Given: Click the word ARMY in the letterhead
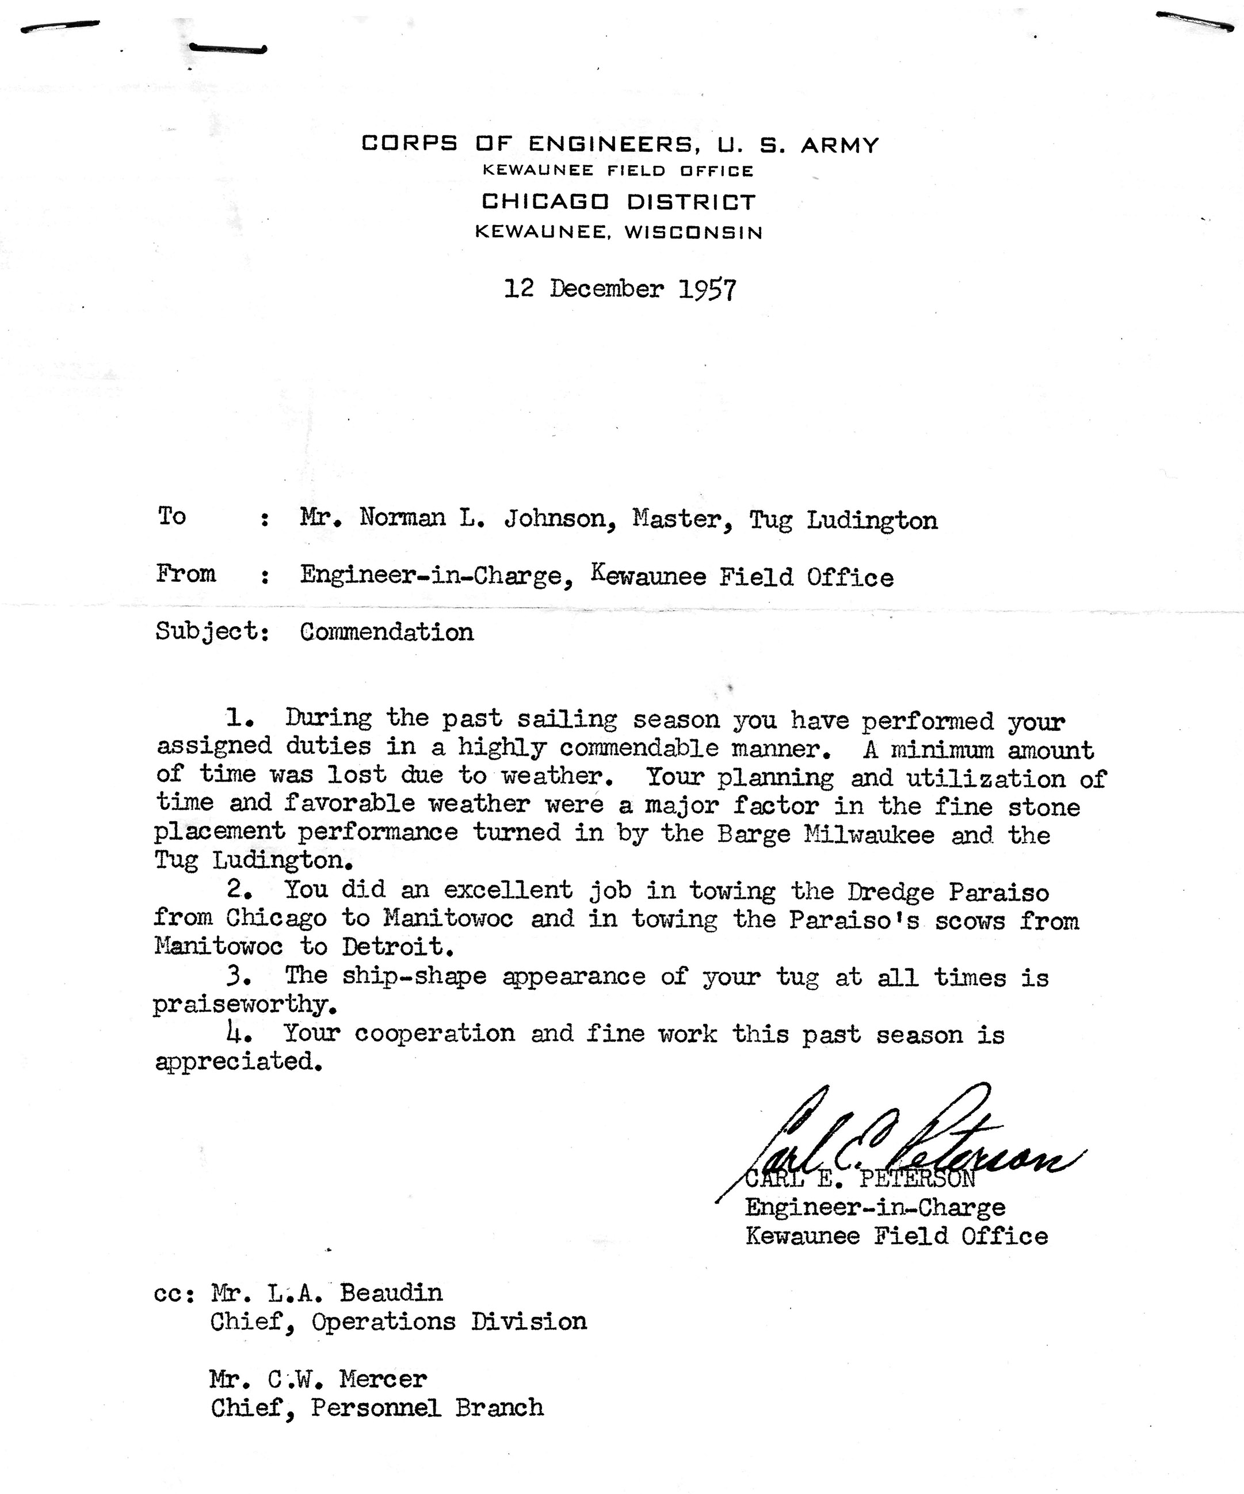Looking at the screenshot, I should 840,145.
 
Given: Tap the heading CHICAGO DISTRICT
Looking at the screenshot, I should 618,202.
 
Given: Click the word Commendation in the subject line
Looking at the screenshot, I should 386,632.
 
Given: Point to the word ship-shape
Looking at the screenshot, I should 414,975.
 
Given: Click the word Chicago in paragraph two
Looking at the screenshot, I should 277,918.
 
